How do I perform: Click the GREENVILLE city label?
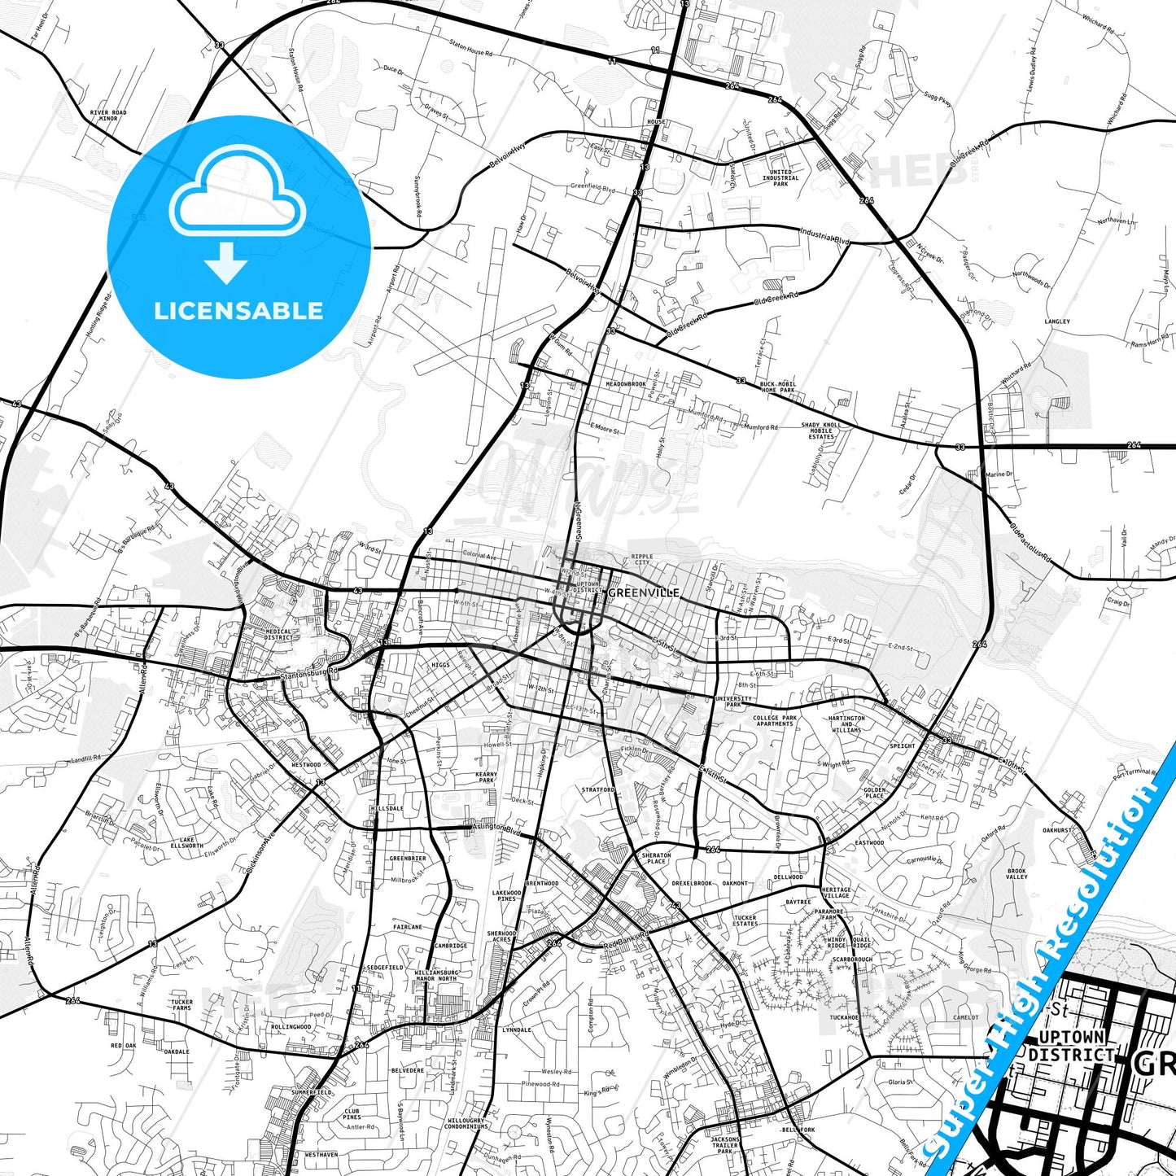pos(644,592)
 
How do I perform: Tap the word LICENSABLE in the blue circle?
pos(238,311)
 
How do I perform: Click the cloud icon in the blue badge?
pos(238,199)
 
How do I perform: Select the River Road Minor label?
pos(108,116)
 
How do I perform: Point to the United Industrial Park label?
pos(780,178)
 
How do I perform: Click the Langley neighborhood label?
pos(1057,321)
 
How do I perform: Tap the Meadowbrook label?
pos(625,384)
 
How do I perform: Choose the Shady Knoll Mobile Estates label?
pos(821,431)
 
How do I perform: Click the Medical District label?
pos(278,634)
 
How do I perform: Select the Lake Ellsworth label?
pos(187,842)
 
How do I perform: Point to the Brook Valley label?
pos(1016,873)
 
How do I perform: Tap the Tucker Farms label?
pos(181,1005)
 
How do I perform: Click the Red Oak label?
pos(123,1046)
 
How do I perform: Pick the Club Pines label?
pos(352,1113)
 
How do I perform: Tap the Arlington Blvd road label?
pos(496,828)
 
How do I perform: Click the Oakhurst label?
pos(1057,830)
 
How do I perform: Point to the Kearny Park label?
pos(487,777)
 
